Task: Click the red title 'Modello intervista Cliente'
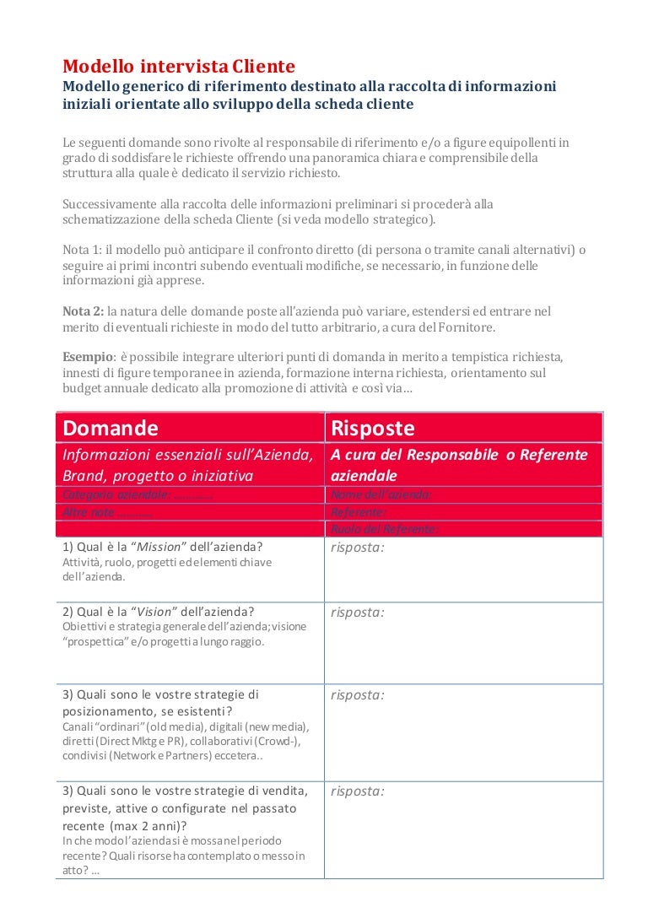pyautogui.click(x=179, y=66)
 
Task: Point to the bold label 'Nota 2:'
pyautogui.click(x=84, y=311)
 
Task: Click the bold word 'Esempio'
pyautogui.click(x=89, y=357)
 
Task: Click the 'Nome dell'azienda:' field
pyautogui.click(x=381, y=495)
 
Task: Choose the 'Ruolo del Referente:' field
pyautogui.click(x=384, y=529)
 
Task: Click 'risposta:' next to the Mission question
pyautogui.click(x=357, y=547)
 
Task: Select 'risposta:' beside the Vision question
pyautogui.click(x=357, y=612)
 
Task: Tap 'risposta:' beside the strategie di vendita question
pyautogui.click(x=357, y=791)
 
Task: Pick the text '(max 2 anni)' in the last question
pyautogui.click(x=148, y=825)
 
